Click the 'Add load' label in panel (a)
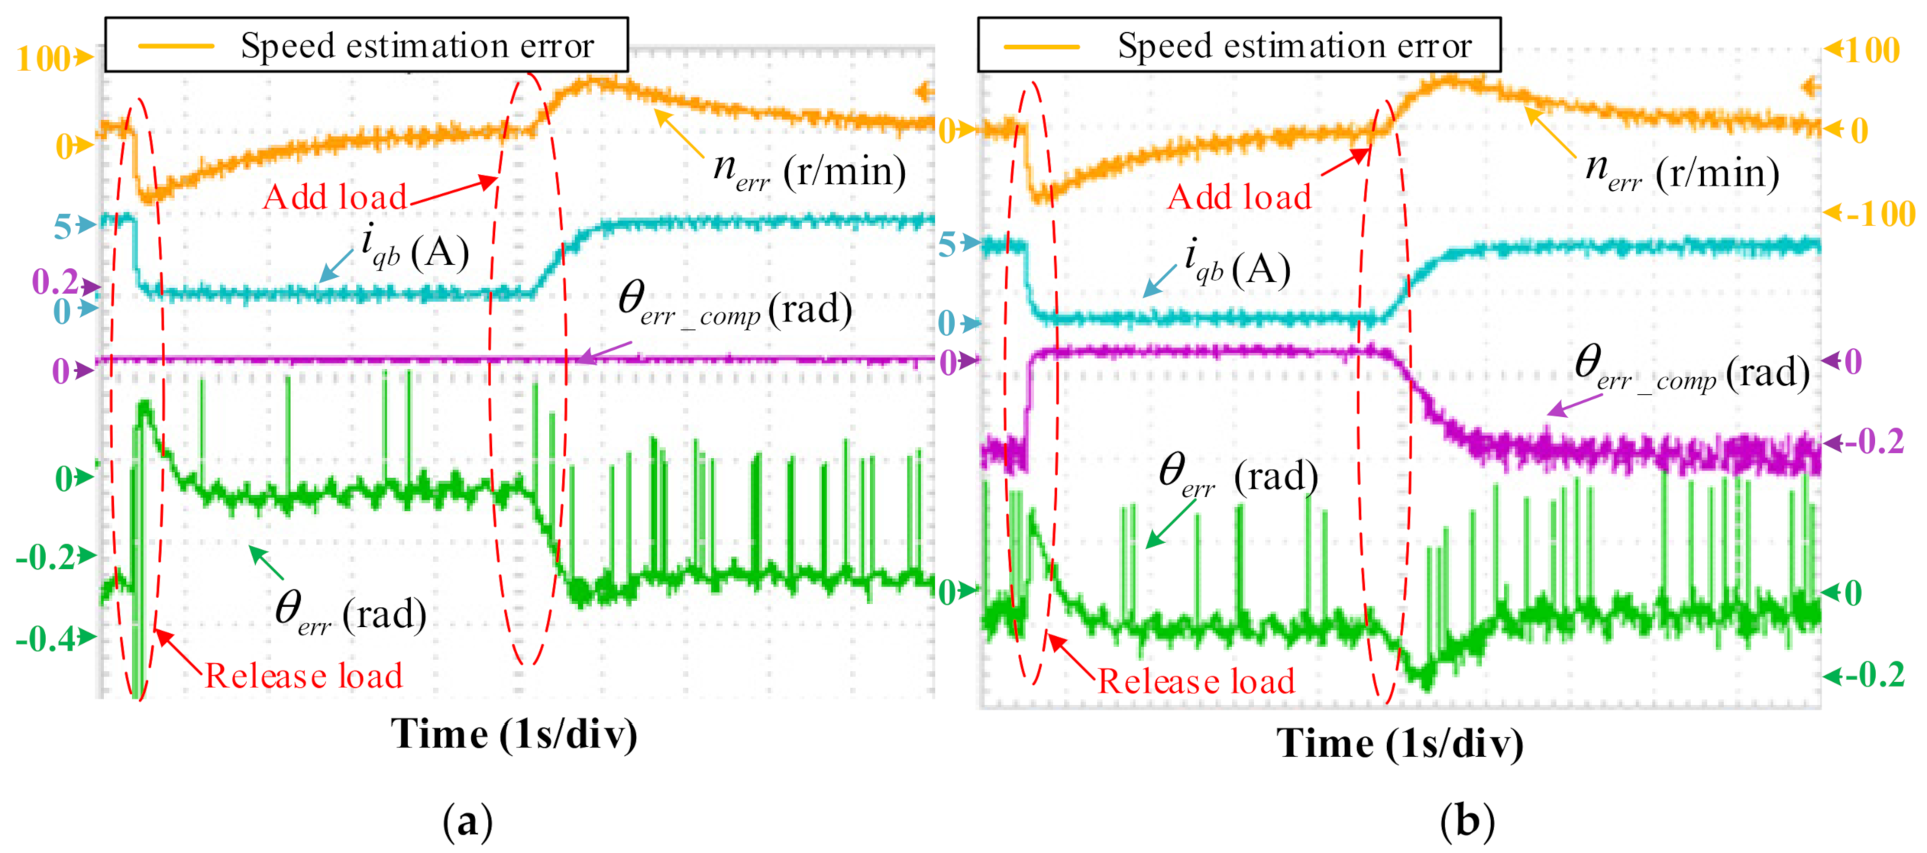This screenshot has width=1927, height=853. [x=335, y=198]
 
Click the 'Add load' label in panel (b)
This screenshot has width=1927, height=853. [x=1239, y=198]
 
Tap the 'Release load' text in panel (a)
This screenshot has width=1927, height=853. [x=303, y=677]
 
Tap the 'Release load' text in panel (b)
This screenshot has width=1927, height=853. [x=1196, y=681]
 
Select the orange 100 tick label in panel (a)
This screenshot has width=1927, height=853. [x=44, y=60]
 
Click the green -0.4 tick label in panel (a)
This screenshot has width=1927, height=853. [x=46, y=638]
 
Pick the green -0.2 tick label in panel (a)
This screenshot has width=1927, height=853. [x=46, y=558]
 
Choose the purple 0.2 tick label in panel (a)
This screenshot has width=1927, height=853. [x=55, y=283]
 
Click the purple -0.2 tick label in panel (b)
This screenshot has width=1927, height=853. [x=1873, y=442]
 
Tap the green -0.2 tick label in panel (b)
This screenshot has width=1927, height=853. [x=1873, y=675]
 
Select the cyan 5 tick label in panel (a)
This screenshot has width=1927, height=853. [x=63, y=227]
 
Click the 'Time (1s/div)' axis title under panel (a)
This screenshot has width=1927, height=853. [x=514, y=735]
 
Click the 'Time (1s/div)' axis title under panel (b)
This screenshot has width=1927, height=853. [x=1399, y=744]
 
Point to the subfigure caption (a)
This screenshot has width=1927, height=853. [x=467, y=822]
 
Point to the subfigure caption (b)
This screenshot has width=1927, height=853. [x=1466, y=822]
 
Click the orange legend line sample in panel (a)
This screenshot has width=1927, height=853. [x=176, y=47]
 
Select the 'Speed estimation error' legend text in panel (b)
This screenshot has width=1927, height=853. [x=1295, y=47]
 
